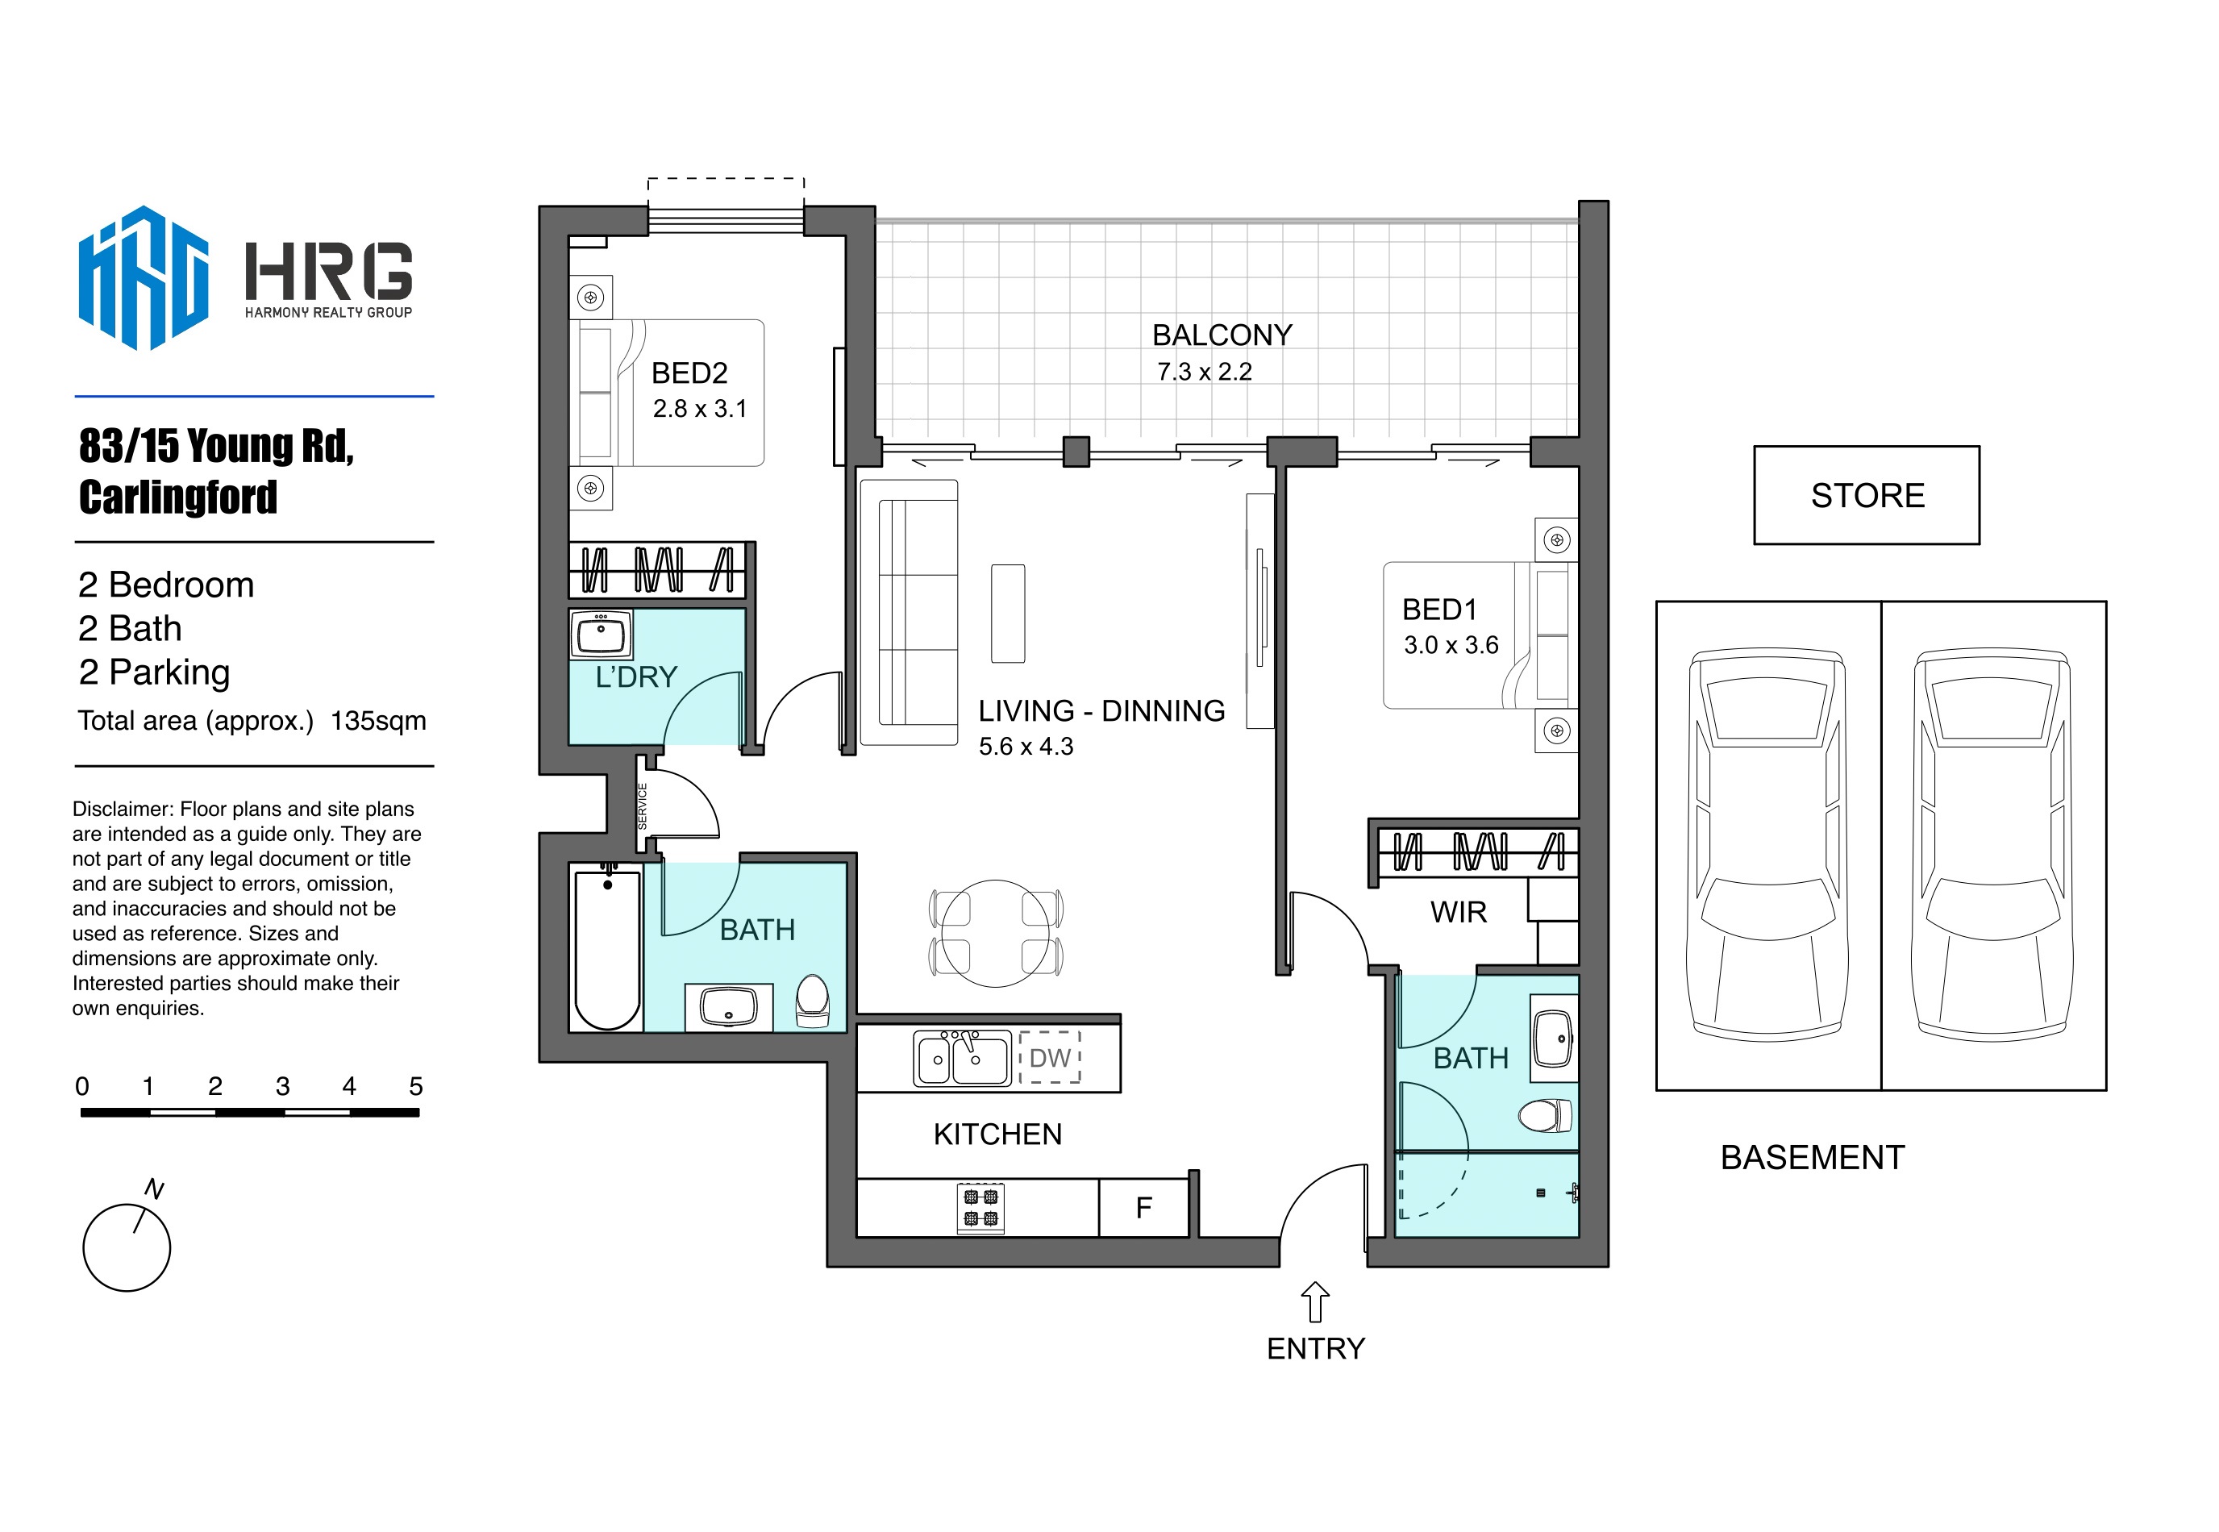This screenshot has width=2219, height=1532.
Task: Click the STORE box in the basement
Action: [1866, 495]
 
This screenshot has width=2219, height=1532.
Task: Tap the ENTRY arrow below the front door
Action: [1314, 1301]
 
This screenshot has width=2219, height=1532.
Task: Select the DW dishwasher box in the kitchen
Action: [1050, 1058]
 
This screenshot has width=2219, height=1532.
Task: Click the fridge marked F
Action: [1143, 1208]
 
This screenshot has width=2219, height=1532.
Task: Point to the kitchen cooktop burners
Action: [980, 1208]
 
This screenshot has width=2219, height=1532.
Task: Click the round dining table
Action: [995, 933]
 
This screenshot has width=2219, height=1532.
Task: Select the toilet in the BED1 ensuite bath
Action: [1544, 1115]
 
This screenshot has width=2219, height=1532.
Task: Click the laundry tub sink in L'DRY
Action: [601, 635]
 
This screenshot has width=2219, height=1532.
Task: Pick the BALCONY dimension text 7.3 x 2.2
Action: [1204, 372]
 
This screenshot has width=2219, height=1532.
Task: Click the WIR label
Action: [1458, 912]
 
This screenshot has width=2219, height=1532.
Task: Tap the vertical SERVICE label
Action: [642, 806]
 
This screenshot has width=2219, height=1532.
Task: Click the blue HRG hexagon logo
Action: [143, 277]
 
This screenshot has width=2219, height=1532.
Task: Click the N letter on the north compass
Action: [153, 1189]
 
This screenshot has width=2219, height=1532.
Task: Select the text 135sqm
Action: [378, 721]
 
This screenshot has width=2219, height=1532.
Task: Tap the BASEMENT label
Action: [1812, 1158]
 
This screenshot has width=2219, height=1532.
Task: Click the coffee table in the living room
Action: [1008, 614]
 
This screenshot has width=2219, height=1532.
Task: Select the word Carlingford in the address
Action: [177, 497]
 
